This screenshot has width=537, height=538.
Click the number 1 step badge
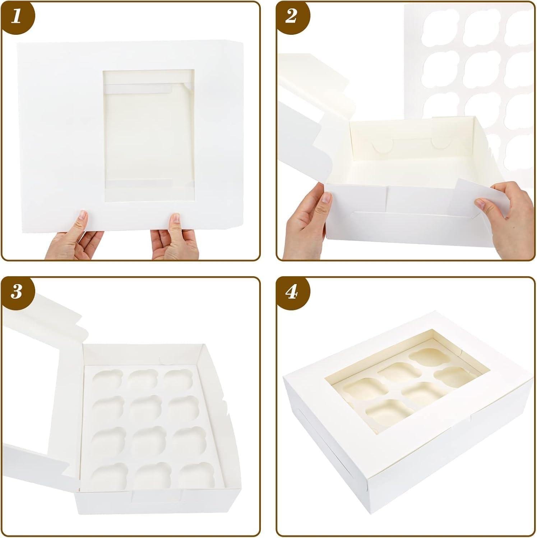coord(16,17)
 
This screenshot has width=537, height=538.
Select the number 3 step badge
coord(16,292)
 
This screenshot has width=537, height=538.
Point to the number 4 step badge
coord(291,292)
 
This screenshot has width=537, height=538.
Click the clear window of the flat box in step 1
coord(148,136)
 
